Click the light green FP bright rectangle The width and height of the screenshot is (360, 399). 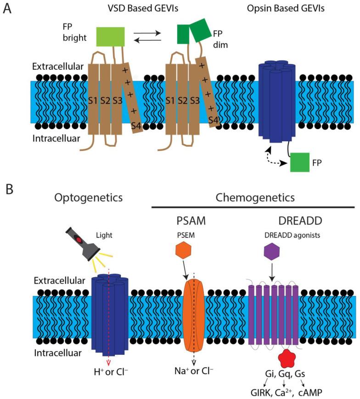pos(111,36)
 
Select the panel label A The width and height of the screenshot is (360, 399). pos(8,9)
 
